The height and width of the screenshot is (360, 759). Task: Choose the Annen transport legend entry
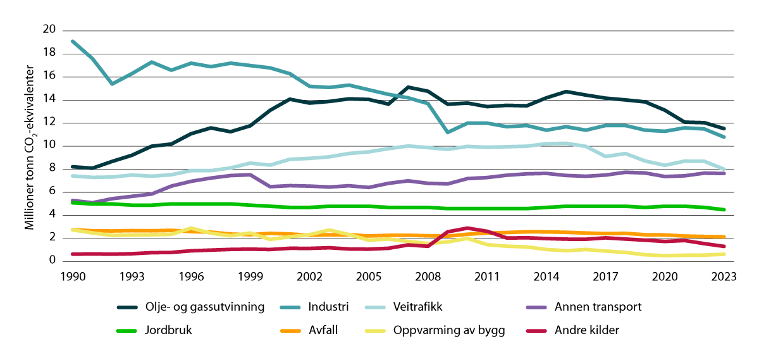[x=598, y=307]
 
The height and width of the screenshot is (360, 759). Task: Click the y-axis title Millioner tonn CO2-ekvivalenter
[x=30, y=146]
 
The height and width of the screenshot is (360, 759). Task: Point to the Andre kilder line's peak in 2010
[x=467, y=228]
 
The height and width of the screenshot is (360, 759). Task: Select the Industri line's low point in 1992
[x=111, y=84]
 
